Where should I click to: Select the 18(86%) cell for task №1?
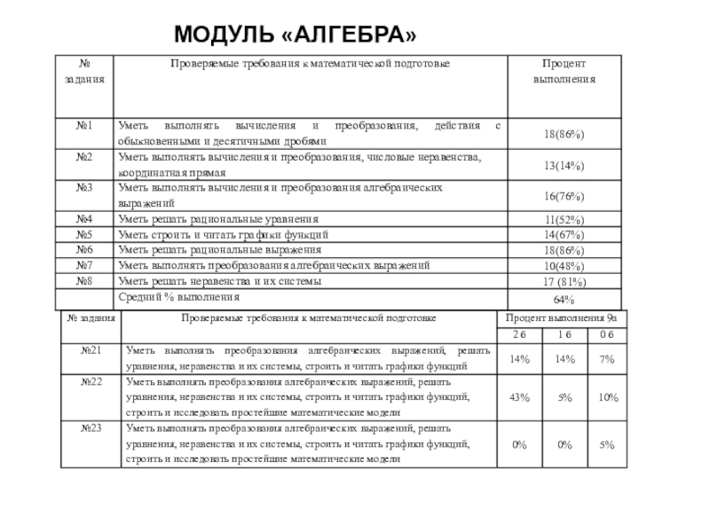click(x=564, y=134)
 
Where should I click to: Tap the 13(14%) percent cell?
click(x=564, y=166)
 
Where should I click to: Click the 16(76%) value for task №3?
click(x=564, y=196)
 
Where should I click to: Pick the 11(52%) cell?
click(x=564, y=220)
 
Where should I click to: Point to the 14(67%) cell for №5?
click(x=564, y=235)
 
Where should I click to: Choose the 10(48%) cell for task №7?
click(x=564, y=266)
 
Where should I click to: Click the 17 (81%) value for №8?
click(x=564, y=282)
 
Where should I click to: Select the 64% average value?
click(x=564, y=301)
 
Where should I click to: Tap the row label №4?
click(x=84, y=219)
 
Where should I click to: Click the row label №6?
click(x=84, y=250)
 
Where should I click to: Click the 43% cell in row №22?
click(x=519, y=397)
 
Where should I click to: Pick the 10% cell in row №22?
click(x=607, y=397)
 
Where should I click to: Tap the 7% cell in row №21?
click(x=607, y=358)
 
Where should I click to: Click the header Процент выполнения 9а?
click(x=563, y=317)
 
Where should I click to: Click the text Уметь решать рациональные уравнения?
click(x=218, y=219)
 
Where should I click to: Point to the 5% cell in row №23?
click(x=607, y=443)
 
